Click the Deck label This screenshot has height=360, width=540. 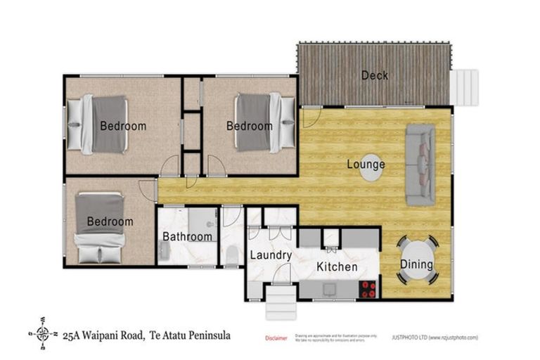(x=375, y=76)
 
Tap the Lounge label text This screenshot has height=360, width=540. (x=366, y=165)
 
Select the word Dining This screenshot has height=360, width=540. (x=416, y=265)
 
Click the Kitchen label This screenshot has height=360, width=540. (x=336, y=266)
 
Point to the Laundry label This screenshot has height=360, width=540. (x=271, y=255)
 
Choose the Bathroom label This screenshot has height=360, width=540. (x=187, y=236)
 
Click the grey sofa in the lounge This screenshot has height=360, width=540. (x=420, y=165)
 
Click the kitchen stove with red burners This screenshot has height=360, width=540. (x=368, y=289)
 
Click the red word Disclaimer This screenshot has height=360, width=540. (x=276, y=338)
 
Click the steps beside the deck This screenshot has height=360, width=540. (x=463, y=87)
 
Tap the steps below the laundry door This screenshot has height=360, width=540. (x=281, y=302)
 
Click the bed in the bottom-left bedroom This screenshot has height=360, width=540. (x=100, y=227)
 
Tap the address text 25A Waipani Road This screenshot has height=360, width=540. (x=103, y=335)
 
